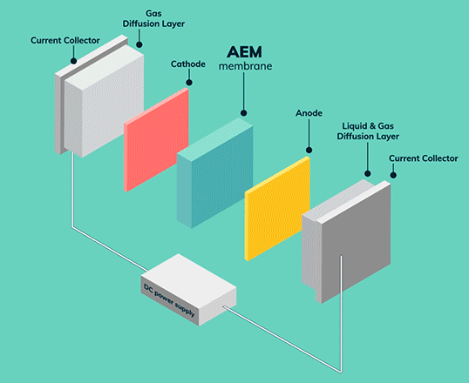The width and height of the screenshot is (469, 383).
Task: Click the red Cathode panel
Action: [156, 139]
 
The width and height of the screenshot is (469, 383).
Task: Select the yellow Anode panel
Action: [277, 209]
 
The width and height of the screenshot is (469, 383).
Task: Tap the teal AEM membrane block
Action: [215, 172]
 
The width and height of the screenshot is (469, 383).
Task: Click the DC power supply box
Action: [189, 290]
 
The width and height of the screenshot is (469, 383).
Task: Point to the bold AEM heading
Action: [244, 52]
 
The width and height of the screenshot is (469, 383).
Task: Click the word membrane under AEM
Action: [245, 66]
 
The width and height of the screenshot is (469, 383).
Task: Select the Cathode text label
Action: [187, 64]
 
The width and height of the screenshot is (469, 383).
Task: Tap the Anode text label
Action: [309, 113]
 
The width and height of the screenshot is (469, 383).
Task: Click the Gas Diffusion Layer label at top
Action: [153, 18]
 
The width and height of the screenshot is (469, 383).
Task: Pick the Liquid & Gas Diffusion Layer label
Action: [368, 131]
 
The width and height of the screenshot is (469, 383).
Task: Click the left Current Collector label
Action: [65, 40]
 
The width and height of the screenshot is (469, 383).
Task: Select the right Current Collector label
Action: [424, 158]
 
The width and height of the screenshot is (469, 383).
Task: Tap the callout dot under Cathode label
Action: [189, 83]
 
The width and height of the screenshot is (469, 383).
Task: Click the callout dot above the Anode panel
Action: [309, 150]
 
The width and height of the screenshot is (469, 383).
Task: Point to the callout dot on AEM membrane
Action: [244, 113]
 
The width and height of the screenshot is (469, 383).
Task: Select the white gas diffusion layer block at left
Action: [104, 102]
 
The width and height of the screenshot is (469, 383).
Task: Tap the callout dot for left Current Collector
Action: [73, 61]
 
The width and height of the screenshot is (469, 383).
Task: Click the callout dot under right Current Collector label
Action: [393, 175]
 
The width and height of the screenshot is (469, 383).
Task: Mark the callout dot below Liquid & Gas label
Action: [368, 173]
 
